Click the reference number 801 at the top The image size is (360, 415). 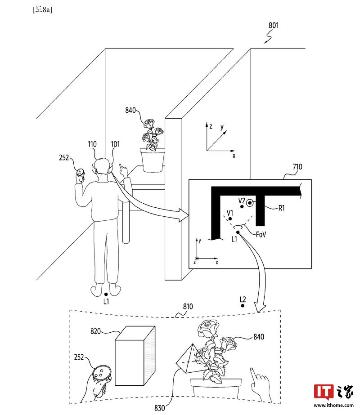point(274,26)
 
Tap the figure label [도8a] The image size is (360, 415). point(41,9)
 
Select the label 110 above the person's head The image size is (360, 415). point(92,144)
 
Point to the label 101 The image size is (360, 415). point(115,144)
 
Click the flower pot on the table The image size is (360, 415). point(152,160)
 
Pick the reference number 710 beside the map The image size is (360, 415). point(297,167)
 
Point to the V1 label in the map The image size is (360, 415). point(230,211)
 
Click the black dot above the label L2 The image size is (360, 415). point(243,306)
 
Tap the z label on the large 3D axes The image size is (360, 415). point(210,127)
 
